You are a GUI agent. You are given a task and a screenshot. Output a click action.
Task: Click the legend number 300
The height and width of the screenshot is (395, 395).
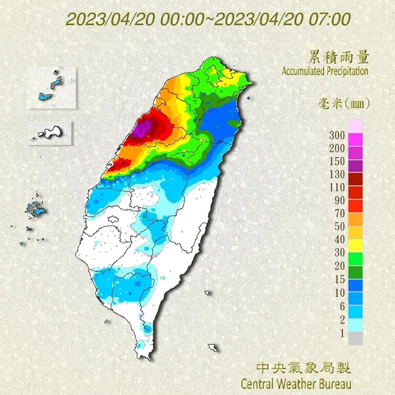click(338, 135)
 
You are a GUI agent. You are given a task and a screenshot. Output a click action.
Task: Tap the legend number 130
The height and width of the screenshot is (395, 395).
click(338, 174)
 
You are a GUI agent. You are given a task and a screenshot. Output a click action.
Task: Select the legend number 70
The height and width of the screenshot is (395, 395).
click(338, 213)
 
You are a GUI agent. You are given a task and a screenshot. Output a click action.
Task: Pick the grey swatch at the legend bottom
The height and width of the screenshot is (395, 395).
click(355, 338)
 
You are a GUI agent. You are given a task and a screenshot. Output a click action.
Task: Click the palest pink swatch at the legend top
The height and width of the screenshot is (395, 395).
click(355, 126)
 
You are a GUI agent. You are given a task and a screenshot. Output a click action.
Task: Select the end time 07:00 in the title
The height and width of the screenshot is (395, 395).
click(331, 19)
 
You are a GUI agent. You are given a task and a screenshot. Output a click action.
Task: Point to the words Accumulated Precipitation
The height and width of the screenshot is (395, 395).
click(325, 71)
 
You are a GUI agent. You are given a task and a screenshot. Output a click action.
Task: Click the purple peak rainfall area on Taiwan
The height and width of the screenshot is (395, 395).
click(143, 128)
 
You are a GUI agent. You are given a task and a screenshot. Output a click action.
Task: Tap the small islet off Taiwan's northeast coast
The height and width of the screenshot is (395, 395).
click(248, 98)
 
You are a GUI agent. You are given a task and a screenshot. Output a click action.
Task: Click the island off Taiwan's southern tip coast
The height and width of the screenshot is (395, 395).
click(213, 348)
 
